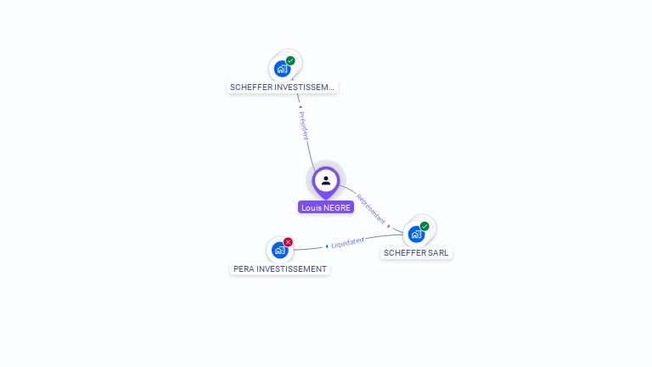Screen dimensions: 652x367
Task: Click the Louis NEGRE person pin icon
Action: point(326,180)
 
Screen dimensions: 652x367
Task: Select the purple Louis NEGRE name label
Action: point(326,207)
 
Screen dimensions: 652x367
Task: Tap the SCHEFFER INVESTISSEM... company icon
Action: point(282,69)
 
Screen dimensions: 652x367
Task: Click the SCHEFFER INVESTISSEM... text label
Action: point(282,87)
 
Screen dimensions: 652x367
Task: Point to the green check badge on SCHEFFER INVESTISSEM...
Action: point(290,60)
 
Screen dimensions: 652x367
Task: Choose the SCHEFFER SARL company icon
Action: point(416,234)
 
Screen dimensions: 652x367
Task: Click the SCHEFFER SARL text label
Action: point(416,252)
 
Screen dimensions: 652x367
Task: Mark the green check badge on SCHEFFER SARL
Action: point(424,226)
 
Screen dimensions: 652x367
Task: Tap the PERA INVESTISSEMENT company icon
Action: point(280,250)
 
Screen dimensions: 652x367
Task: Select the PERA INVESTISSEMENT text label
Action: point(280,268)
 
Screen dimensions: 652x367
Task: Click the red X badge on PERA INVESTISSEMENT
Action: point(289,242)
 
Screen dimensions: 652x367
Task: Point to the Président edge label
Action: point(304,125)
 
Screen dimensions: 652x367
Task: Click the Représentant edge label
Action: point(370,209)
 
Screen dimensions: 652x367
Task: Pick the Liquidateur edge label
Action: point(347,242)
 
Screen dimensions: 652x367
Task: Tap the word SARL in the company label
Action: point(437,252)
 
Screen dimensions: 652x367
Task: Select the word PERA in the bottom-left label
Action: point(244,268)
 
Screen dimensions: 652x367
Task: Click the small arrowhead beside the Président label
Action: point(300,108)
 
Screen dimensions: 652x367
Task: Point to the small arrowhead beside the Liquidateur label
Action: point(327,246)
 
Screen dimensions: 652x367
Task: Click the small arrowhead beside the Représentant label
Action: point(389,226)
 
